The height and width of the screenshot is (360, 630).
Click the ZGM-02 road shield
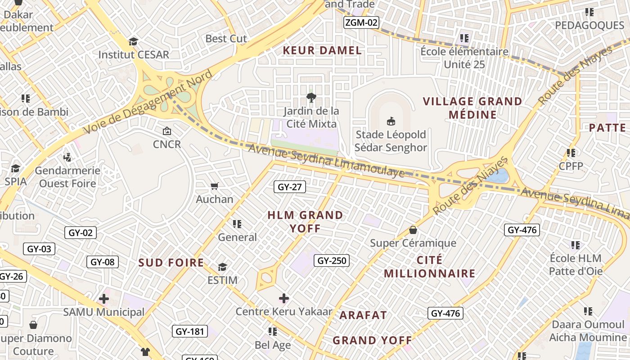(361, 22)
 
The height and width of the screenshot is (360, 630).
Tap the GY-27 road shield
(290, 187)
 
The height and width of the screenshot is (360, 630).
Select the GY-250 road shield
(332, 261)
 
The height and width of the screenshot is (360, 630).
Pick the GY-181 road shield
(190, 332)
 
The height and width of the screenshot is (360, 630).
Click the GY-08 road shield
(103, 262)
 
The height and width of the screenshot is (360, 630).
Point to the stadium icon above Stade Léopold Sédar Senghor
(391, 121)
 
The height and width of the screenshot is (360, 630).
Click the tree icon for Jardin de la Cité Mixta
(310, 97)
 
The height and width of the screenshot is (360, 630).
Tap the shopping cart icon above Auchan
(215, 186)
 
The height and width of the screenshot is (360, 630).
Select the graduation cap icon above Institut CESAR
(133, 42)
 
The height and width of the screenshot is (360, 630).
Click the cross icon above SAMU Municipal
(104, 298)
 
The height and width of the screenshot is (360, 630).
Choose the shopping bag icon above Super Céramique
(413, 230)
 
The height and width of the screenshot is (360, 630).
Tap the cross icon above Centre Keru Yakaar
(284, 298)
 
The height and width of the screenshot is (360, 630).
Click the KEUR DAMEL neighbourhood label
(322, 50)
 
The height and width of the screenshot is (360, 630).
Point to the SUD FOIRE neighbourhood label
(171, 263)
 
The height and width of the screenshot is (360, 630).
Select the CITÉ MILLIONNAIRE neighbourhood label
(429, 267)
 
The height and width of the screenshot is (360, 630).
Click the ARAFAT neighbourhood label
(363, 315)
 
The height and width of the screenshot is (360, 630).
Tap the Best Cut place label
(226, 39)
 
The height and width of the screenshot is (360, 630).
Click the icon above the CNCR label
(167, 131)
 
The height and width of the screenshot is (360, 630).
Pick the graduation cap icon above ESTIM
(222, 267)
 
